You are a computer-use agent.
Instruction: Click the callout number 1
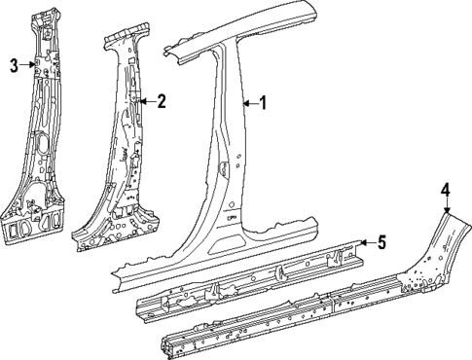pos(260,102)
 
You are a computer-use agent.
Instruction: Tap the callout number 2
pos(162,100)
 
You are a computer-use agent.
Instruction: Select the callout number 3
pos(14,65)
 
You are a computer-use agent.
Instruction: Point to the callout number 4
pos(444,191)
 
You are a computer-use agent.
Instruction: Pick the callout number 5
pos(382,243)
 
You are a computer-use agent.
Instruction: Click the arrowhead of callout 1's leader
pos(240,102)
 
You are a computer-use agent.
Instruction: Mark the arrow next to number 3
pos(32,65)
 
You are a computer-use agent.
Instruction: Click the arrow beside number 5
pos(363,243)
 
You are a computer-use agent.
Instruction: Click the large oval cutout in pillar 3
pos(39,151)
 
